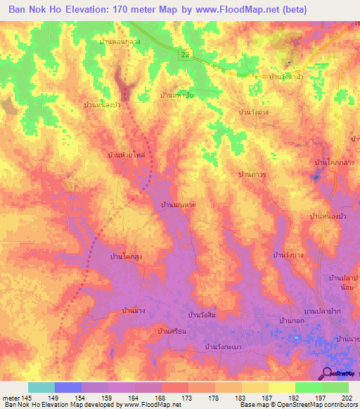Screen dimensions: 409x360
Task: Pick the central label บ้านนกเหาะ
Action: point(179,204)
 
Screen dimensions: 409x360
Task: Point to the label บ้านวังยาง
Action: point(288,254)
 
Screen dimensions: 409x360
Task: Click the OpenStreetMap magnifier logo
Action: point(328,374)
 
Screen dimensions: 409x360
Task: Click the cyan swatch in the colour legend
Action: point(41,387)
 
